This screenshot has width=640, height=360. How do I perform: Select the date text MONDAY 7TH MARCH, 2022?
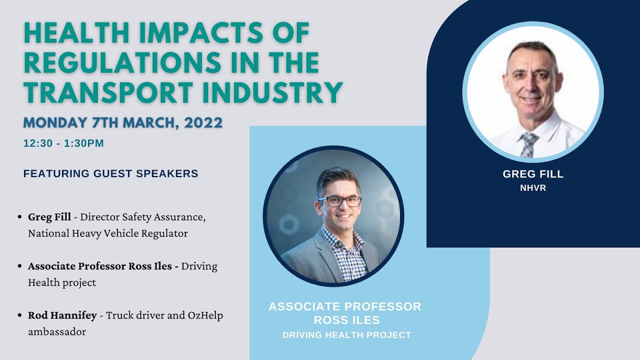click(122, 122)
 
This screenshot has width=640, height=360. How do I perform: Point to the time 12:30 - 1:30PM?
click(63, 143)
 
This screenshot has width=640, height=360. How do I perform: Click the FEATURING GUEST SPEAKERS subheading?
click(110, 174)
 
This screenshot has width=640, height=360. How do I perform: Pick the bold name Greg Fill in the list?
click(49, 217)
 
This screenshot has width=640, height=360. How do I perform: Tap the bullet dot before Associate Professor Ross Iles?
click(19, 266)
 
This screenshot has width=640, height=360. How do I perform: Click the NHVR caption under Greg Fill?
click(533, 188)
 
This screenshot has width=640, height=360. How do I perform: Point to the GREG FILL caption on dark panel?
click(533, 174)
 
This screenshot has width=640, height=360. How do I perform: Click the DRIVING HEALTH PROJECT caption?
click(346, 335)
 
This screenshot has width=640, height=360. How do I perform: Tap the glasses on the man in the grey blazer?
click(339, 201)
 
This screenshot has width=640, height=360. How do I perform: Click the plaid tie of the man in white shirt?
click(528, 144)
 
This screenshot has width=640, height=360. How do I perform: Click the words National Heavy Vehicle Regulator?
click(108, 233)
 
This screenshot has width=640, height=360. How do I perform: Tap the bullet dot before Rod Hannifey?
click(19, 316)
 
